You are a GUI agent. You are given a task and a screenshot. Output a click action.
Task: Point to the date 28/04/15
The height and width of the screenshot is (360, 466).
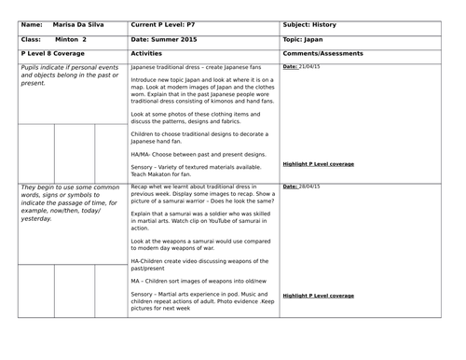click(x=312, y=187)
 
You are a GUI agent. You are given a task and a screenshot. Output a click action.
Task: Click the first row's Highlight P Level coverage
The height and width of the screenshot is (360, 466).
click(x=318, y=164)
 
